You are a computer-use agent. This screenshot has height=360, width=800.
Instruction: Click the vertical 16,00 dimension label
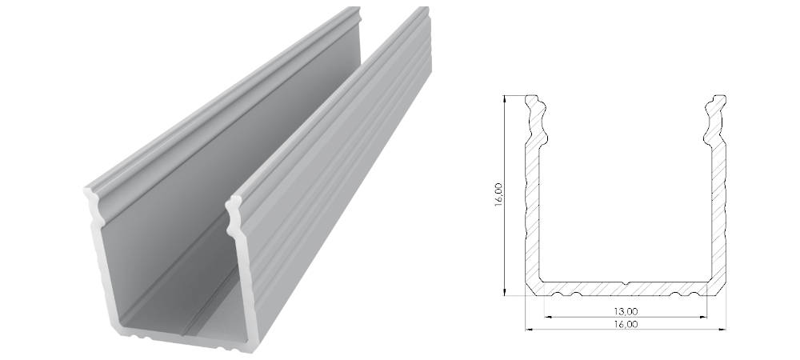(x=498, y=194)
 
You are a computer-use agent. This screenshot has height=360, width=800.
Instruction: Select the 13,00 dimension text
(x=626, y=311)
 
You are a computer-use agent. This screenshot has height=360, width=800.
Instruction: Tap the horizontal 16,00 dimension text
(x=626, y=324)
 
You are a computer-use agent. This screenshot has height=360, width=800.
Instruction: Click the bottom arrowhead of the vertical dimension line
(x=504, y=292)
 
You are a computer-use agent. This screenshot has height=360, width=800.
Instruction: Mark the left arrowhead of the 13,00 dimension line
(x=549, y=317)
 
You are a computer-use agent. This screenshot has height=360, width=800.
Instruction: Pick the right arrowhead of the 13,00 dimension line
(x=703, y=317)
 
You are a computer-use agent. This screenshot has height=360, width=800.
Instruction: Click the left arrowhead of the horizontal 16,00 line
(x=530, y=330)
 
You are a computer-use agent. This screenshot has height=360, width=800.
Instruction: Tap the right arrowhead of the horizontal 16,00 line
(x=722, y=330)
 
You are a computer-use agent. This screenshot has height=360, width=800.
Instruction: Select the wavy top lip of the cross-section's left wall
(x=536, y=119)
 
